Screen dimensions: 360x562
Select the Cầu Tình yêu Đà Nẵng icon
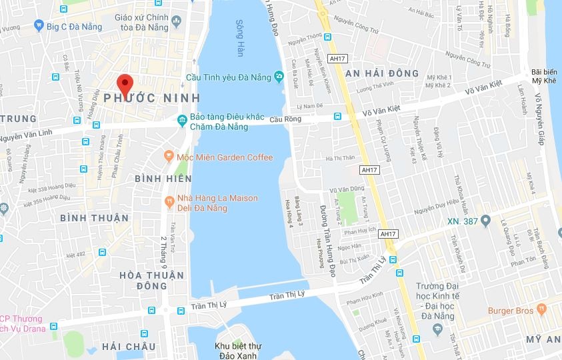point(277,77)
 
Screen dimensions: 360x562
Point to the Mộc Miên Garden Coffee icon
point(169,157)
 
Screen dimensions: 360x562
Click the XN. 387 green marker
point(486,221)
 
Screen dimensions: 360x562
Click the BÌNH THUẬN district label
point(94,218)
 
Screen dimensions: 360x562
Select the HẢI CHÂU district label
point(129,347)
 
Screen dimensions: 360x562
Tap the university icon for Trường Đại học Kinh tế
point(437,329)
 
